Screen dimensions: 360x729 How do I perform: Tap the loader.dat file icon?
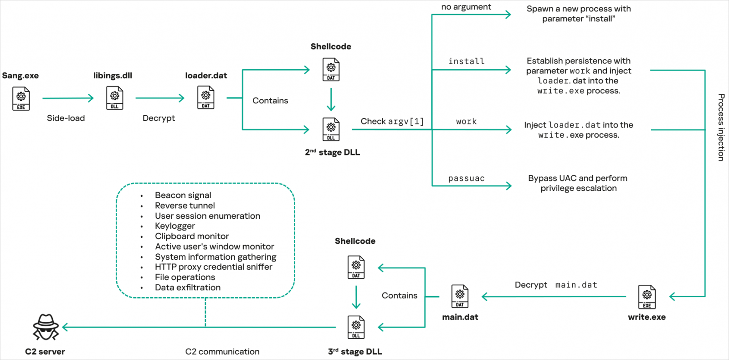(206, 98)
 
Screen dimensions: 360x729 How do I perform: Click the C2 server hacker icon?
(46, 327)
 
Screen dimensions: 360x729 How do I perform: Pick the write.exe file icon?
(647, 297)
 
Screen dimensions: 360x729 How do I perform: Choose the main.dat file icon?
(460, 297)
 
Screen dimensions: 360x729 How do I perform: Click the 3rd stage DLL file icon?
(356, 327)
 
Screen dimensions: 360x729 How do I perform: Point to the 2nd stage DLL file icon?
(331, 129)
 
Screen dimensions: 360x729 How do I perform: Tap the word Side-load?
(66, 118)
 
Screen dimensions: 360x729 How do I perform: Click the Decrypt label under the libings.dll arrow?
(159, 118)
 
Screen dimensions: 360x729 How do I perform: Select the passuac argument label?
(466, 178)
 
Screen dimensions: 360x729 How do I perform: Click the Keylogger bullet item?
(175, 226)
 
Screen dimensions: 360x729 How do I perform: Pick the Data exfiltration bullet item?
(188, 288)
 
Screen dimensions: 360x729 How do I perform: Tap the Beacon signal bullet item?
(183, 195)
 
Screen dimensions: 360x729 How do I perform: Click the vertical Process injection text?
(721, 127)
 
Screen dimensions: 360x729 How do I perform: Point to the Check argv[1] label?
(392, 121)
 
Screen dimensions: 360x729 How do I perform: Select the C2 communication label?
(222, 351)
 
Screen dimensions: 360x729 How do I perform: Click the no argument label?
(466, 7)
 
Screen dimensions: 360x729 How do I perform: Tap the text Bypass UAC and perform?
(578, 178)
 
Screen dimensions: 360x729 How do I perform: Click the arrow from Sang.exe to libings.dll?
(68, 98)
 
